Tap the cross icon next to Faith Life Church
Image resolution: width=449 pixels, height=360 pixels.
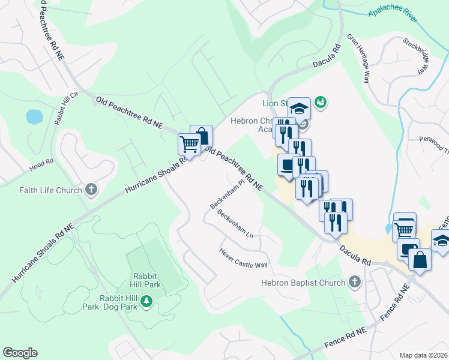coord(91,190)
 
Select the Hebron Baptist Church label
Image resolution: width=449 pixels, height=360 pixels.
coord(303,283)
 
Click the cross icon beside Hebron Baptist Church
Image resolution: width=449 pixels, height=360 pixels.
coord(355,282)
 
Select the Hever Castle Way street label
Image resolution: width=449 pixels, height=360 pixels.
coord(243,258)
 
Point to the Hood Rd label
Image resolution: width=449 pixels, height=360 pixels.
coord(41,161)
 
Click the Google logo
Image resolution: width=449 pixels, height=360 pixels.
coord(20,353)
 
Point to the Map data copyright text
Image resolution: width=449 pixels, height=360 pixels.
coord(423,355)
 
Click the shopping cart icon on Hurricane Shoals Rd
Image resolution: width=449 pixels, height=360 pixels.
coord(189,144)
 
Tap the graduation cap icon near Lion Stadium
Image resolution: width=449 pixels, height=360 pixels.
coord(299,109)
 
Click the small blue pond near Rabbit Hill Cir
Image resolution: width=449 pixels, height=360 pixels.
coord(34,116)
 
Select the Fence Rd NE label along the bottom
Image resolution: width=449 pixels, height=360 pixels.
coord(345,339)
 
